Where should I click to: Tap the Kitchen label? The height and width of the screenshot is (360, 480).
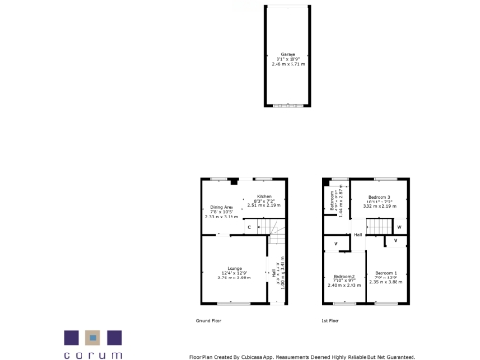tap(264, 197)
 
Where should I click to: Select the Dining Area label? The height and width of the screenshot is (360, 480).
tap(221, 207)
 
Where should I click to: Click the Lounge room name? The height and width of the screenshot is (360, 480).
tap(231, 268)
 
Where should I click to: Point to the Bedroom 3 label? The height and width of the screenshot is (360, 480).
tap(379, 197)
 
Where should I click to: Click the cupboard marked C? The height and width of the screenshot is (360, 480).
tap(249, 227)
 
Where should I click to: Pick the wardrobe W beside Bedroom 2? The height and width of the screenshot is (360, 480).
tap(335, 245)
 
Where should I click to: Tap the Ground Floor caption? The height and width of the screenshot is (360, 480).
tap(208, 321)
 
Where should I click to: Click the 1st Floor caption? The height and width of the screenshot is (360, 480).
tap(330, 321)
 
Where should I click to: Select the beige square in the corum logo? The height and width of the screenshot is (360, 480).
tap(92, 337)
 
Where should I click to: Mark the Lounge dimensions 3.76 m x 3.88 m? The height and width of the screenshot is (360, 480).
tap(231, 277)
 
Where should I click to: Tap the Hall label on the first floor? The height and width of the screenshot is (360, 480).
tap(357, 235)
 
